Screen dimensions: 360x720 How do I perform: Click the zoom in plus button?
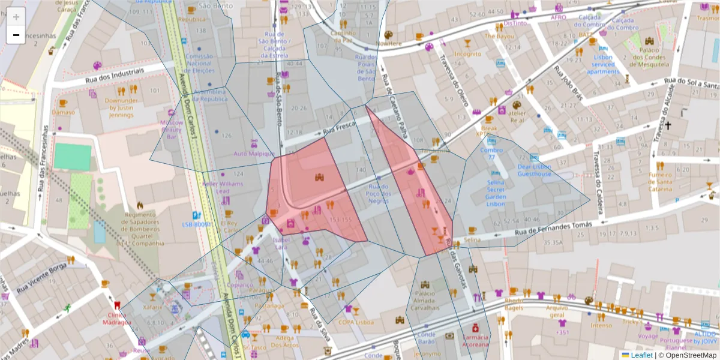pyautogui.click(x=16, y=17)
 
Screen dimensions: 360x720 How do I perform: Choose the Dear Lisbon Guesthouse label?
pyautogui.click(x=534, y=170)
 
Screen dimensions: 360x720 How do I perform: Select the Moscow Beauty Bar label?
pyautogui.click(x=171, y=129)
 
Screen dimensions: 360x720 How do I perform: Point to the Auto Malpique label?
pyautogui.click(x=254, y=154)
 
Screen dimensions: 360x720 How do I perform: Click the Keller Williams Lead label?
pyautogui.click(x=223, y=187)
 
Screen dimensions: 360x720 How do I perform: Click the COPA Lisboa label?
pyautogui.click(x=356, y=322)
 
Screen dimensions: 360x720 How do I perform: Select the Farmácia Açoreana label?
pyautogui.click(x=476, y=341)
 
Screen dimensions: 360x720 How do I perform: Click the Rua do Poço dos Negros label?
pyautogui.click(x=379, y=194)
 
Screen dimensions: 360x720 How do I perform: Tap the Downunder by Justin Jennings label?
pyautogui.click(x=121, y=107)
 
